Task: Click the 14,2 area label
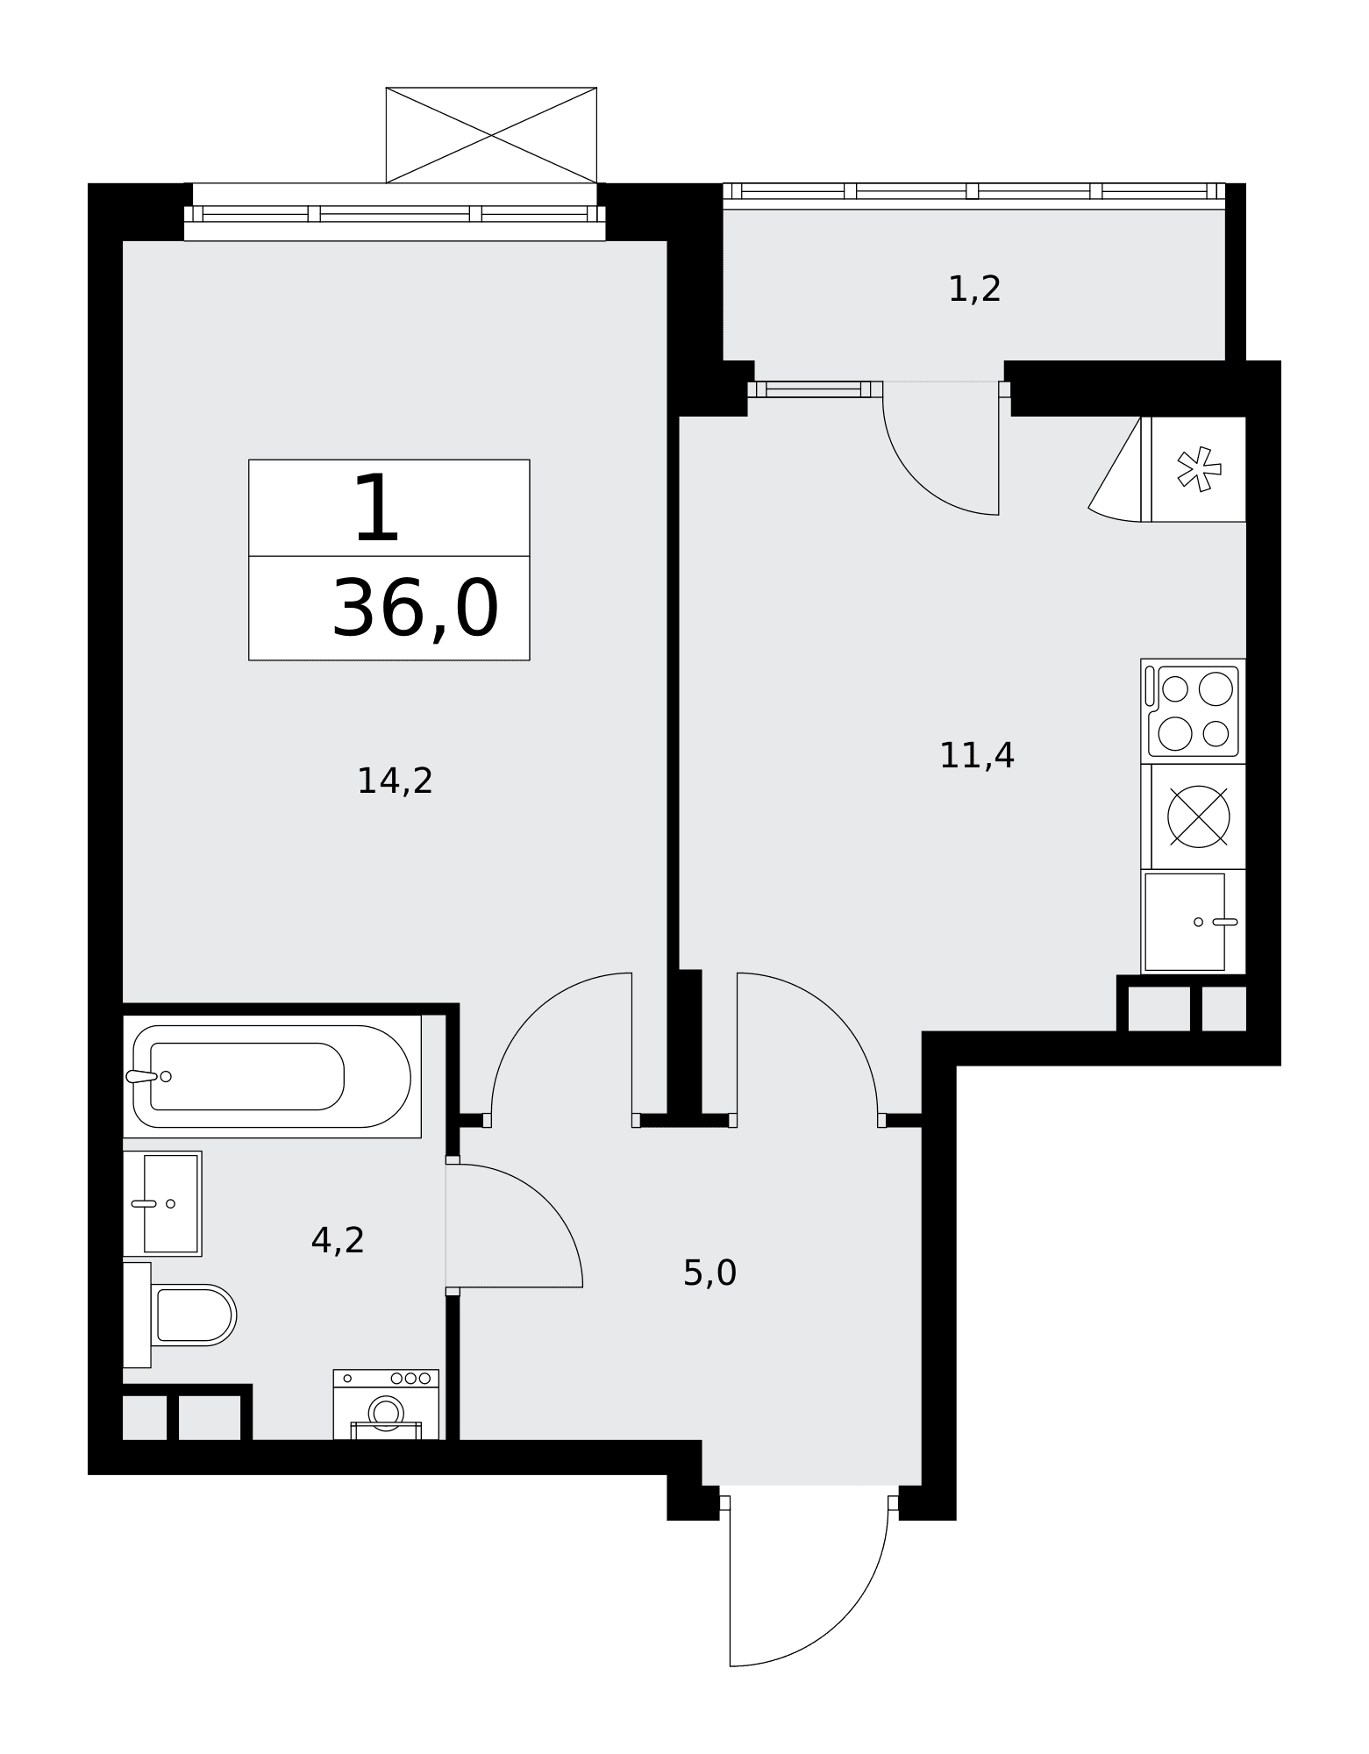395,781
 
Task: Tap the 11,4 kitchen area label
976,756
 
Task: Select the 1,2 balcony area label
974,289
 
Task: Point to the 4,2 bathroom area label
338,1241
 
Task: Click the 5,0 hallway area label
709,1273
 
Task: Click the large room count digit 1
377,509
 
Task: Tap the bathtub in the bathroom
272,1076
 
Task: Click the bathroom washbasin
162,1203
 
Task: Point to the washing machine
386,1404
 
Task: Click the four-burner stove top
1193,711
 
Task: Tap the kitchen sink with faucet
1193,922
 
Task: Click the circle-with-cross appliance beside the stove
1198,816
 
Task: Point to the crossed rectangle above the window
491,135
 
